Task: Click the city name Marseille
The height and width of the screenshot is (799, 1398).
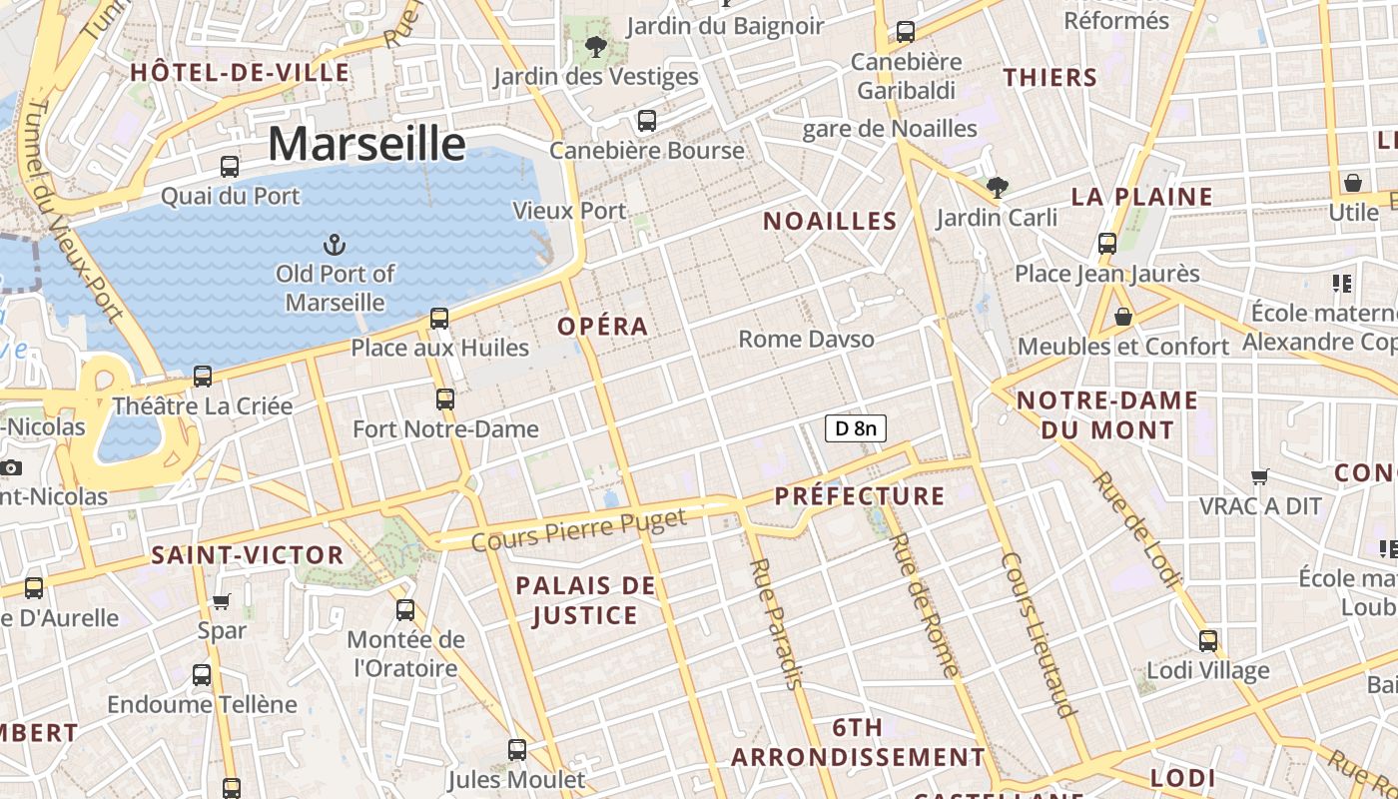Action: click(366, 144)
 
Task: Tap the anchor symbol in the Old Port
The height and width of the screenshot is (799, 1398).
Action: click(336, 244)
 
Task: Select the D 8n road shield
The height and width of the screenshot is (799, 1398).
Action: click(856, 428)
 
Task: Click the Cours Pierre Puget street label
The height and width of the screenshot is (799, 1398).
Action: click(579, 530)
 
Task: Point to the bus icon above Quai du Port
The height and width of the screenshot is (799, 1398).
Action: click(230, 167)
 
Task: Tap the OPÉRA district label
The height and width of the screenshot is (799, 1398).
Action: click(603, 326)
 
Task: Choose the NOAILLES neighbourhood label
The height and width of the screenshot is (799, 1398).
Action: click(830, 221)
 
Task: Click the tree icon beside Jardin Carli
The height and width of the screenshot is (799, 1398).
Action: click(997, 187)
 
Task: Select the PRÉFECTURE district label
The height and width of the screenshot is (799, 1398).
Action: click(859, 496)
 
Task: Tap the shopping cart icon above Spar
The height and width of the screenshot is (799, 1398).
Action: click(222, 601)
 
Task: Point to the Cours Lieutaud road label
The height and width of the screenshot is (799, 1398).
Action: click(1040, 634)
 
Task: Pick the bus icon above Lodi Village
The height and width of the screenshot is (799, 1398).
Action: click(1208, 640)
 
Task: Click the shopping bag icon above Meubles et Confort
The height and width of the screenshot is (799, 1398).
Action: click(1123, 317)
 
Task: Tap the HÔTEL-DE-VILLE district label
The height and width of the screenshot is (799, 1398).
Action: click(240, 72)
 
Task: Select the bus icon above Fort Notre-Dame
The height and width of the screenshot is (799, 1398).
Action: click(445, 399)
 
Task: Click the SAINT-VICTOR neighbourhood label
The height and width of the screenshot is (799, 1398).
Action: click(248, 555)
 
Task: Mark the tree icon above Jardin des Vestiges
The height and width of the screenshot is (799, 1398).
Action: click(596, 46)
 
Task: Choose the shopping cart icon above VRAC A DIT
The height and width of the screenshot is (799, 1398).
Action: click(1260, 476)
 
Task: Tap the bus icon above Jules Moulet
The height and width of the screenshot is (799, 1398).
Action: click(516, 749)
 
